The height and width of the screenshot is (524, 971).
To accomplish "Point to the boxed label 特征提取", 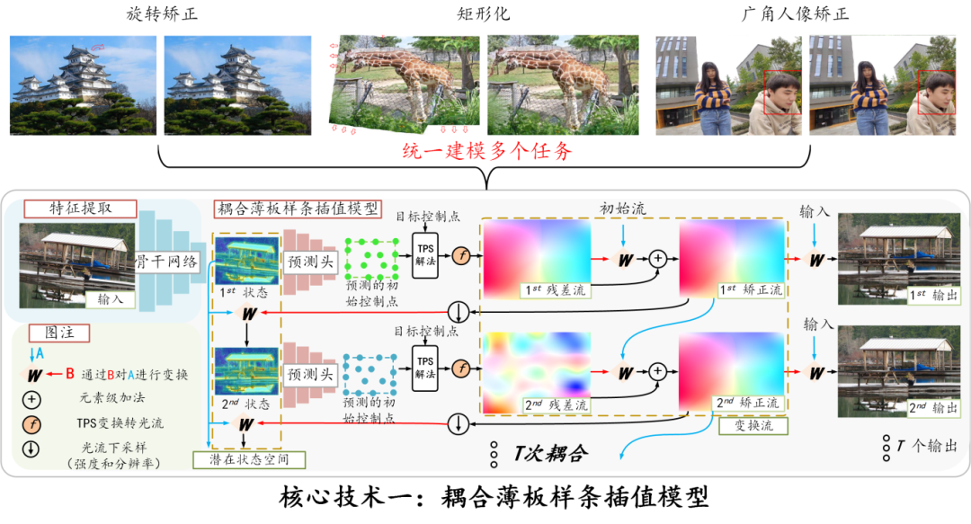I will click(x=80, y=209).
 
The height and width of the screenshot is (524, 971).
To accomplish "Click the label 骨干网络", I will click(x=167, y=261).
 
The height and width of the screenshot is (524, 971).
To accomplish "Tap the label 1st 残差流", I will click(x=557, y=290).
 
